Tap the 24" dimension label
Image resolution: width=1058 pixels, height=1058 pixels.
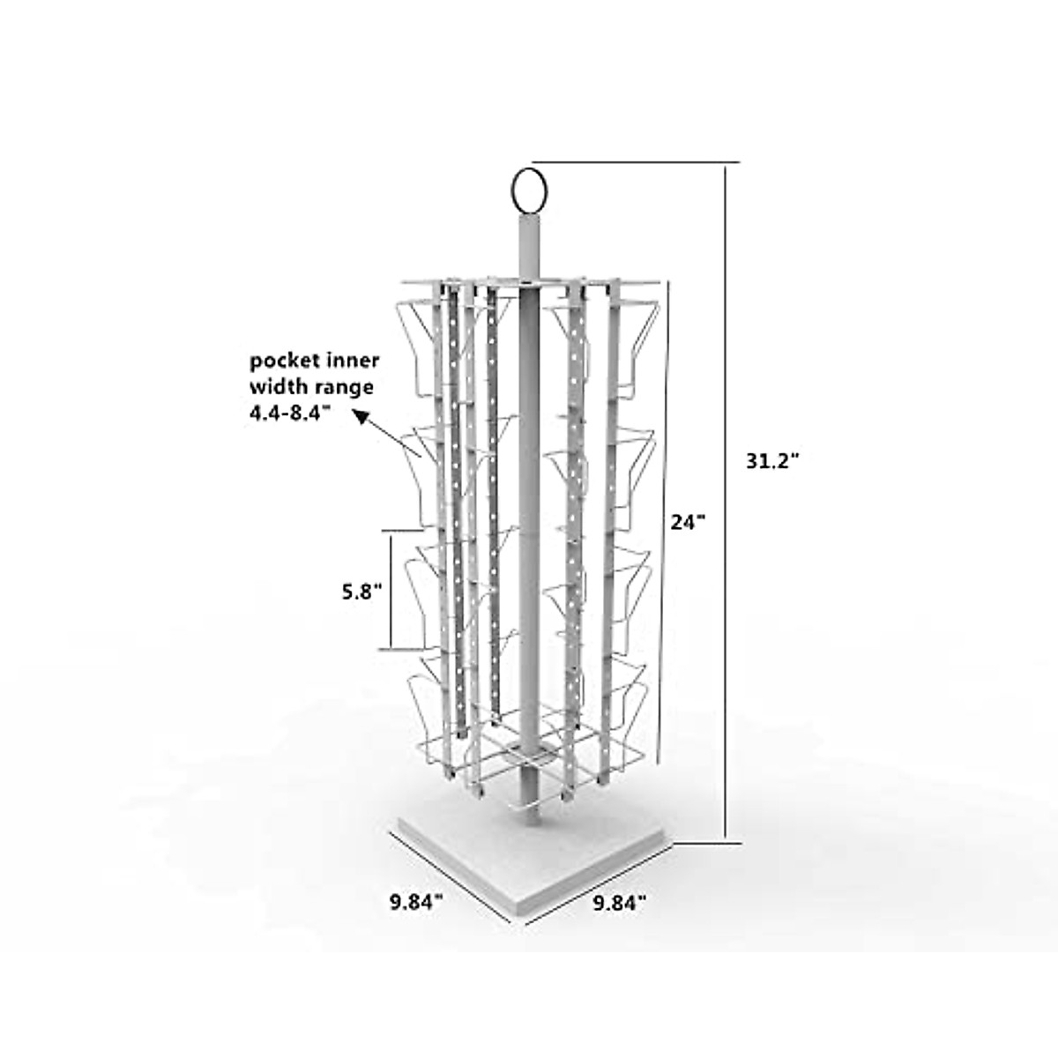(x=689, y=522)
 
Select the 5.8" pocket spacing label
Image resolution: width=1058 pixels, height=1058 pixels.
(x=361, y=592)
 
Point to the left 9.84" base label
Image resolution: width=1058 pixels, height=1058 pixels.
(x=416, y=901)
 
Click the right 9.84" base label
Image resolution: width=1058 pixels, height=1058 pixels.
(x=619, y=901)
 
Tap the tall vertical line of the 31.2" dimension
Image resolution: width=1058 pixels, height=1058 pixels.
(x=726, y=503)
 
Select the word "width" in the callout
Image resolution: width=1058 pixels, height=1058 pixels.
(x=275, y=385)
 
